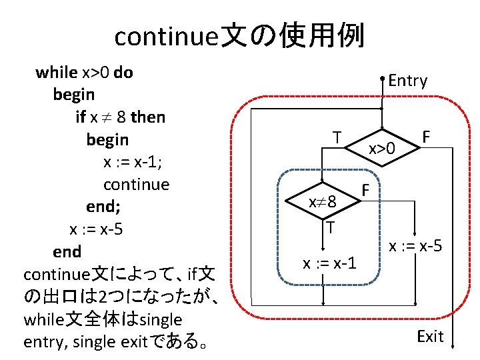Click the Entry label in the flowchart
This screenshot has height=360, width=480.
pos(407,81)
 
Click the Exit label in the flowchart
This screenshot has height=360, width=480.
pos(430,337)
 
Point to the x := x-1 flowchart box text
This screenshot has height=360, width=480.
pos(329,263)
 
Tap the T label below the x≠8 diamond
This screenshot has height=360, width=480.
pos(330,227)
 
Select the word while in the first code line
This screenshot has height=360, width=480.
pos(56,72)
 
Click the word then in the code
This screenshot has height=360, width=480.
pos(148,117)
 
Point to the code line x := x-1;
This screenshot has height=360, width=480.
pos(133,163)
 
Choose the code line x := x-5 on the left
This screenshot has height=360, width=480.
pos(97,230)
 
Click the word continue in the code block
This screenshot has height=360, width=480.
pos(137,185)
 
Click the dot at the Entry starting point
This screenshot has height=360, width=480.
pos(383,79)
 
